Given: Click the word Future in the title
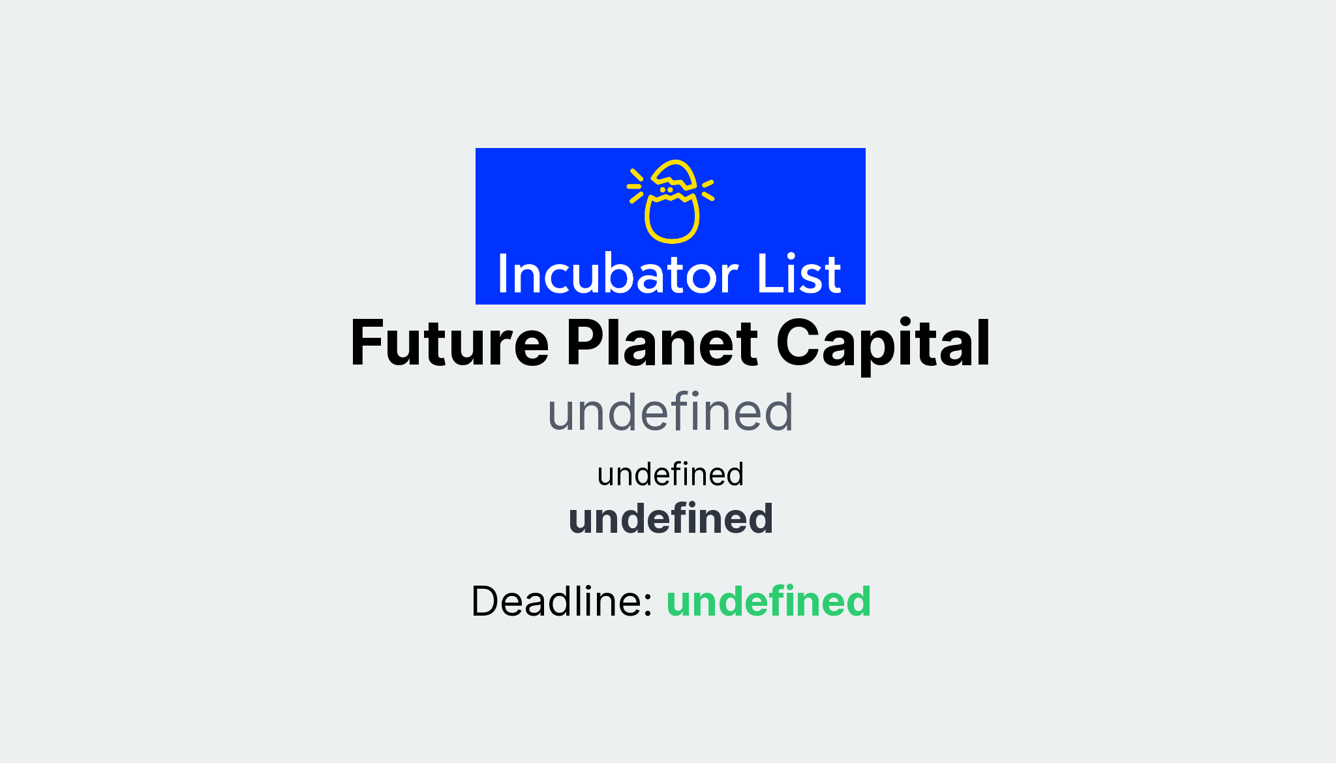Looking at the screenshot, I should (449, 344).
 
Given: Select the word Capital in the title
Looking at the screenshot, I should (883, 344).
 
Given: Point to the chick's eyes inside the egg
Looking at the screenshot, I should (666, 190).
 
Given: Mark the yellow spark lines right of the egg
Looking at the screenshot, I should (708, 190).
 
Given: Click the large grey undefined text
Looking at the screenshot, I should (670, 413).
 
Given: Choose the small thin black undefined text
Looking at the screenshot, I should (670, 474).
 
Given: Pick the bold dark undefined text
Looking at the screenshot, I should (671, 519).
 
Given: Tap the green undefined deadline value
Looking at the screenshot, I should (768, 601).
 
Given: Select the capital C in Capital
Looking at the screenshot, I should (796, 344).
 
